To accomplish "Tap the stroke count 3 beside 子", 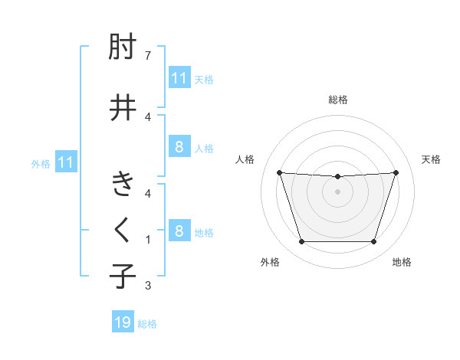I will (x=148, y=286).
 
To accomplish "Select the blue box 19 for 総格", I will (x=123, y=322).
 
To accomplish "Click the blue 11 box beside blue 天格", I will (x=179, y=77).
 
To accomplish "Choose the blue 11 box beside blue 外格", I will (x=65, y=162).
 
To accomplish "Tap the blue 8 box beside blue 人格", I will (x=179, y=147).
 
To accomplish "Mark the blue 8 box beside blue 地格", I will (x=179, y=231).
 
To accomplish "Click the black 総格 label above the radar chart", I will (x=338, y=100).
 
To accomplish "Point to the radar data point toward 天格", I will (x=396, y=172).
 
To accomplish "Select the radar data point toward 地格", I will (x=373, y=242).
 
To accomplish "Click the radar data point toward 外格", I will (x=301, y=242).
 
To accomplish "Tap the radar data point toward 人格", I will (x=279, y=172).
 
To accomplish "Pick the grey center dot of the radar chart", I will (x=337, y=191).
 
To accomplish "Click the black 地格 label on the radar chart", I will (x=402, y=262).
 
